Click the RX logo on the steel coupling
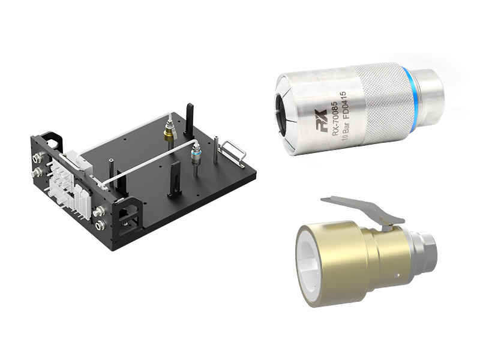[x=321, y=116]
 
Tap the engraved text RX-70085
[x=334, y=118]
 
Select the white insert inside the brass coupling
[x=310, y=263]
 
